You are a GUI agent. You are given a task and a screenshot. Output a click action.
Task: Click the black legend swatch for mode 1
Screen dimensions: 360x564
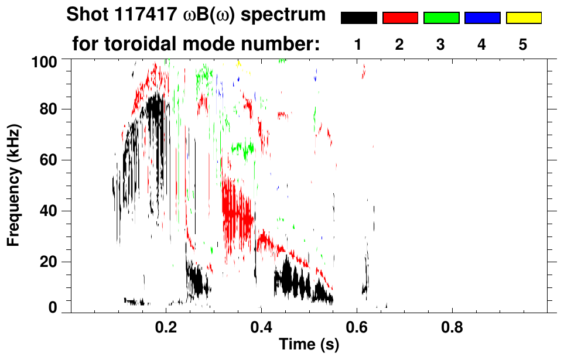pos(358,18)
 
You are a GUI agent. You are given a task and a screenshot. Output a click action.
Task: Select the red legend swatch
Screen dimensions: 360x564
pos(400,18)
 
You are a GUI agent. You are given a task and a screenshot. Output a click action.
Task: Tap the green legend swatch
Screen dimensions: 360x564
pos(441,18)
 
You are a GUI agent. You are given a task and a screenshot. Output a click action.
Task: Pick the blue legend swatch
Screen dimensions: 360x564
pos(482,18)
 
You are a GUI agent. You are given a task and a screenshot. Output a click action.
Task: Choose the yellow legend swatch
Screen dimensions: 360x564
pos(523,18)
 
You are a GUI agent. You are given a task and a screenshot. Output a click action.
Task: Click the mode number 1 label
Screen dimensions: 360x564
pos(358,45)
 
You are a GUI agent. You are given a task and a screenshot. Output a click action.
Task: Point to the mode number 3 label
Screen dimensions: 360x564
pos(441,45)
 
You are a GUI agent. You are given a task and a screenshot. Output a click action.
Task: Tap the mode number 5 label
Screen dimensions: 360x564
pos(523,45)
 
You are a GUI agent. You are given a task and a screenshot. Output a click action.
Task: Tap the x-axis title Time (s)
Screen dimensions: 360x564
pos(309,346)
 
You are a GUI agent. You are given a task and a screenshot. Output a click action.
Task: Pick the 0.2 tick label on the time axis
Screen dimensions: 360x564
pos(166,327)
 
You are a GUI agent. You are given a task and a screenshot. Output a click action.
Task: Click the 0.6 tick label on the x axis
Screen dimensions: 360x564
pos(356,327)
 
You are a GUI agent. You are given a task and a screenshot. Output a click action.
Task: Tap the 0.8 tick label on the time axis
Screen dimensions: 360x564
pos(451,327)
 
